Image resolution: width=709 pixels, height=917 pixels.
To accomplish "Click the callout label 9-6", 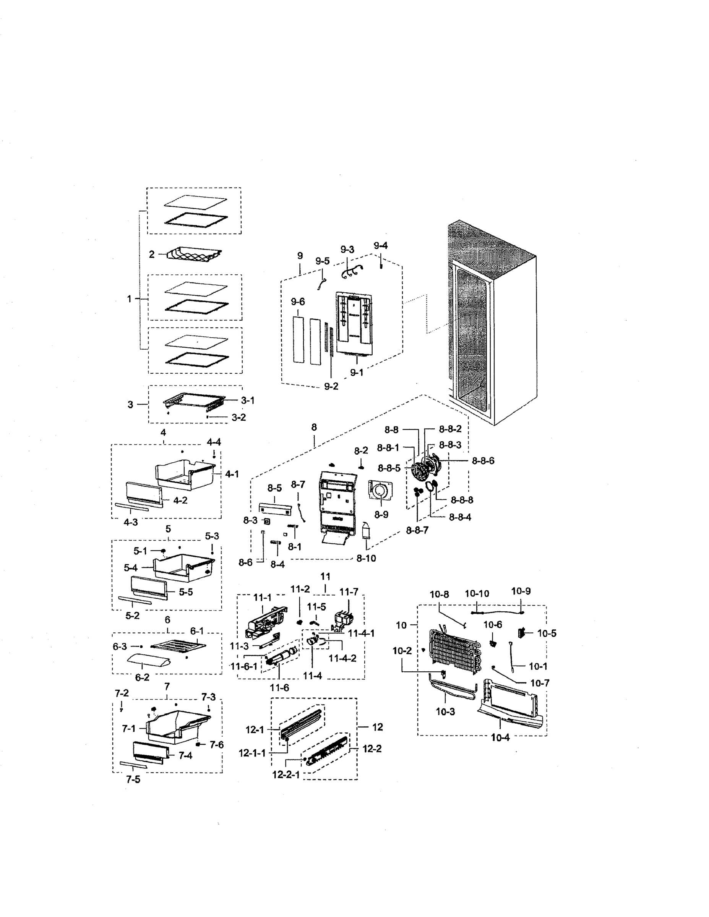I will (298, 301).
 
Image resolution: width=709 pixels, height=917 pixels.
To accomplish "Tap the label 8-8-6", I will (483, 460).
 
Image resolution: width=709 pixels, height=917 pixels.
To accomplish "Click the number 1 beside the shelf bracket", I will (129, 298).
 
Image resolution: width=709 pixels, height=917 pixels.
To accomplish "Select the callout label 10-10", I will (477, 594).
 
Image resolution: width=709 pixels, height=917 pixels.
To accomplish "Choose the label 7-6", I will (216, 745).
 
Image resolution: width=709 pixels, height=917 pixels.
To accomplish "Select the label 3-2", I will (238, 417).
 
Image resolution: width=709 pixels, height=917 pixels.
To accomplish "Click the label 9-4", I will (381, 246).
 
